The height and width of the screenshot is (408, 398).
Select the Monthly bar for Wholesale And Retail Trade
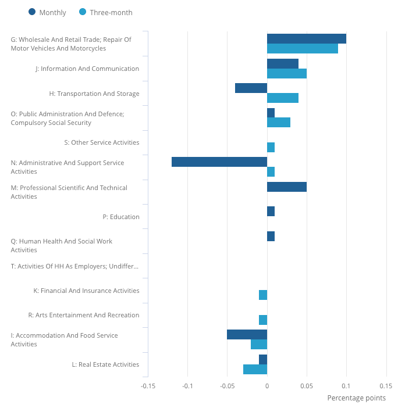coord(307,39)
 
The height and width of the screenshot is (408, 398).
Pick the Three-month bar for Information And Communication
coord(287,74)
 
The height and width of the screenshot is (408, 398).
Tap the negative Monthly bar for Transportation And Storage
coord(251,88)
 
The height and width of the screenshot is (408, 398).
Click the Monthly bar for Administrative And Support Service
coord(219,162)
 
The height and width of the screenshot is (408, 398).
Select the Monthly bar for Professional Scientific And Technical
coord(287,187)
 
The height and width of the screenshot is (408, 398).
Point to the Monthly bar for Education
coord(271,212)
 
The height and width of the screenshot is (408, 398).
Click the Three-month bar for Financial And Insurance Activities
coord(263,295)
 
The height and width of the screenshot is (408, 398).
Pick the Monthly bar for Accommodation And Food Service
coord(247,335)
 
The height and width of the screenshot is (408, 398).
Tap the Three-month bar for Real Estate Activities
coord(255,369)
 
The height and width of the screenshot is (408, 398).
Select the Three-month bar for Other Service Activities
coord(271,148)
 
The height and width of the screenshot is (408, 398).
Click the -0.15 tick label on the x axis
coord(148,385)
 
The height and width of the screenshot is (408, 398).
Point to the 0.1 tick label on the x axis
coord(346,385)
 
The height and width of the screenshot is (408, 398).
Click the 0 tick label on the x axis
coord(267,385)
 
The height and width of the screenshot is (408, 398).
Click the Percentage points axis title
coord(356,398)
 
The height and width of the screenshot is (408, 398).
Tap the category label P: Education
coord(121,217)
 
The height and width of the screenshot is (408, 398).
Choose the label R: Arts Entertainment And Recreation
coord(84,315)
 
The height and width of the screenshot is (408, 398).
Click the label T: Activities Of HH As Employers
coord(75,266)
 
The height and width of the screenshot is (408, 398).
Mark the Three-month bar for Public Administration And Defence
coord(279,123)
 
